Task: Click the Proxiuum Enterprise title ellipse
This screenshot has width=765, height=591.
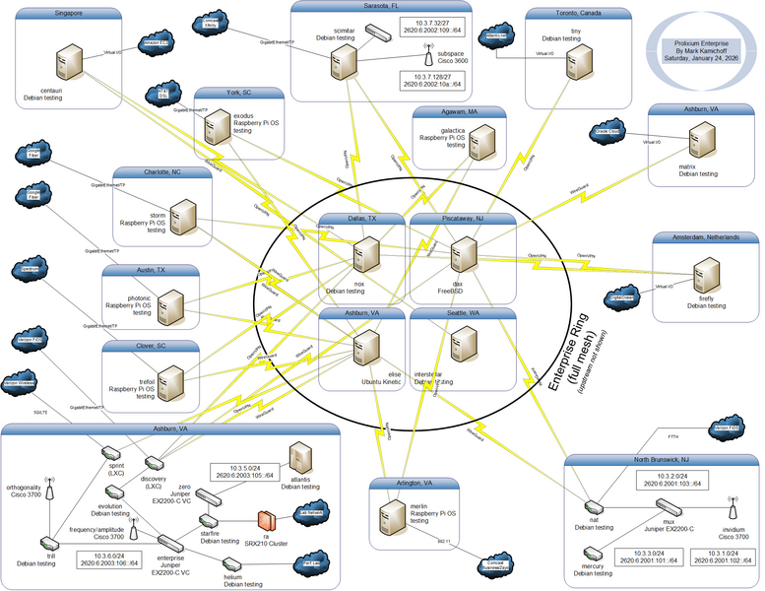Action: (x=696, y=51)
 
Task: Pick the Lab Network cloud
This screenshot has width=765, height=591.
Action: (x=310, y=512)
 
